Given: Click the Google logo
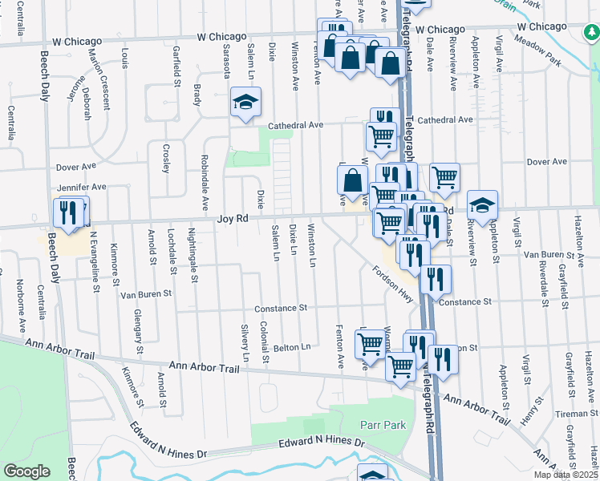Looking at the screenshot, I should tap(26, 471).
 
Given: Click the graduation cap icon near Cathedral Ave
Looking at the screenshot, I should tap(246, 103).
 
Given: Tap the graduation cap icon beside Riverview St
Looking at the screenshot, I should tap(482, 205).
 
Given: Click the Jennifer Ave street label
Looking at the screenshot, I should tap(80, 187).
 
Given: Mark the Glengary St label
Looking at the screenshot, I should tap(139, 332).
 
